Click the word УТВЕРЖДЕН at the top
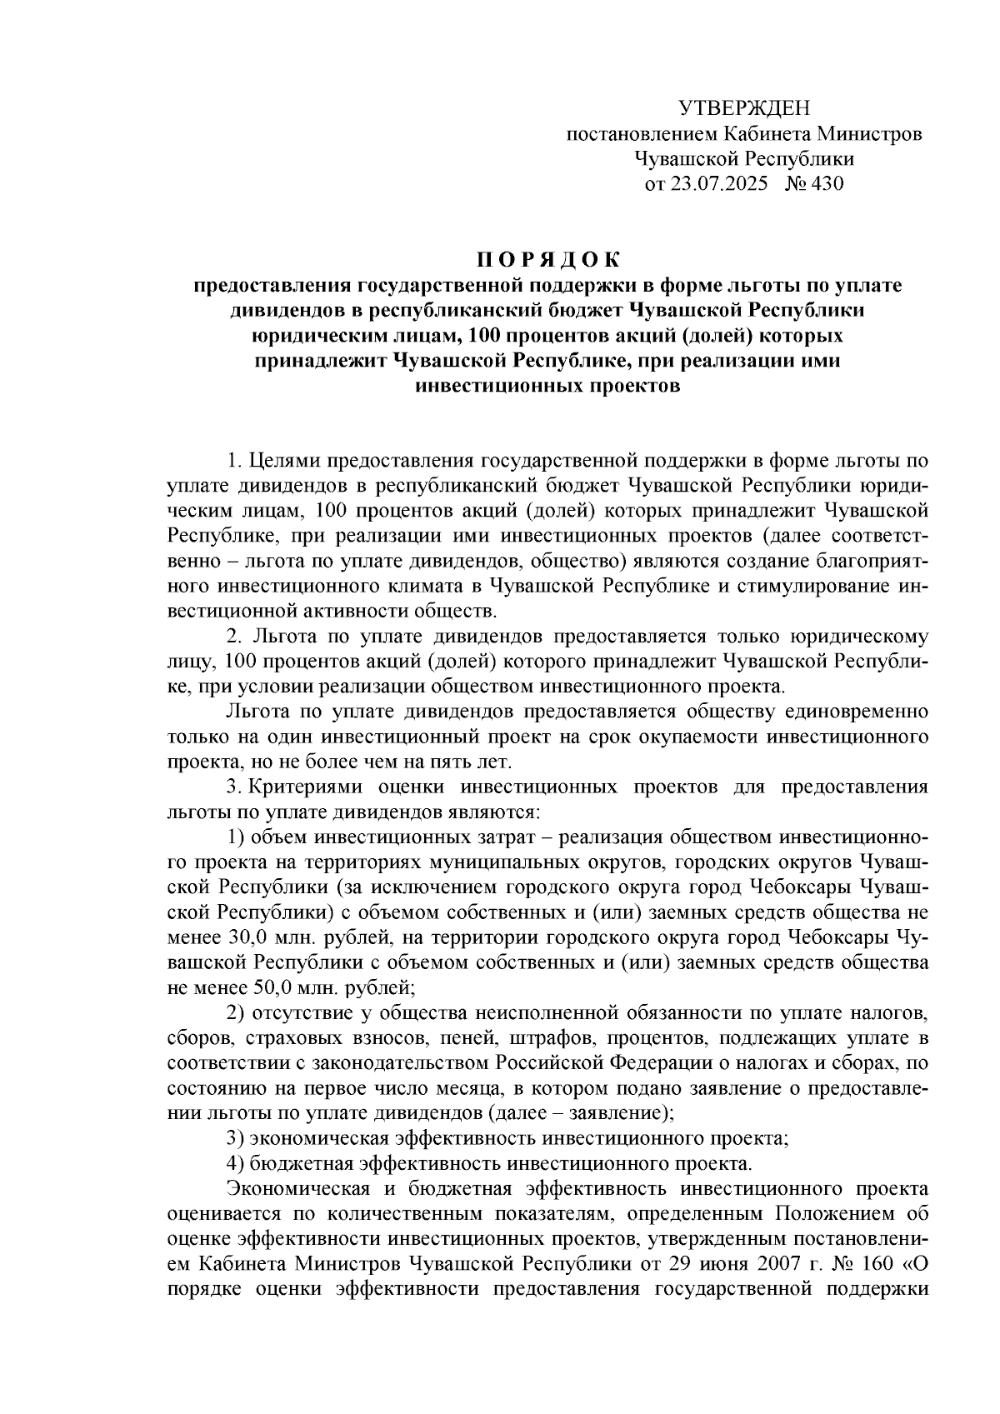(743, 107)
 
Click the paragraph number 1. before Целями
(234, 461)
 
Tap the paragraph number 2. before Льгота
(234, 637)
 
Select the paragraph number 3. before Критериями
(234, 787)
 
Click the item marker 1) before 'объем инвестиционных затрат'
(236, 837)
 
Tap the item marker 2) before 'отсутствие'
(236, 1013)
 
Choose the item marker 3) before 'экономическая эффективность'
(236, 1138)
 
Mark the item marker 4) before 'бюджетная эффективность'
(236, 1163)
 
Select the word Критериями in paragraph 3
(307, 787)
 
